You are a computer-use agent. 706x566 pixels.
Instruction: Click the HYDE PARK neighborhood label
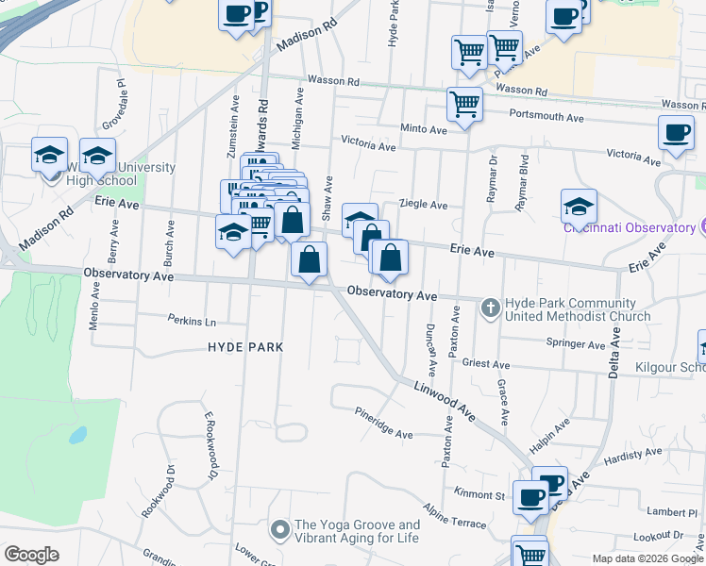tap(245, 347)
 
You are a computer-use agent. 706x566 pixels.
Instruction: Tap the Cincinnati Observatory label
tap(630, 227)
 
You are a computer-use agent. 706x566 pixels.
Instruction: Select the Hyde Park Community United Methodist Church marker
tap(490, 308)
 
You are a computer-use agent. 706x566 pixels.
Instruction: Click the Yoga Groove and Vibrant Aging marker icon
tap(279, 531)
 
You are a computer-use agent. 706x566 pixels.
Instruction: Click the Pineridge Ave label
tap(384, 423)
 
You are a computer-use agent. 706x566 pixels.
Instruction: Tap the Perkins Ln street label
tap(192, 320)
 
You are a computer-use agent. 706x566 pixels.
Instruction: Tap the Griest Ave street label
tap(486, 364)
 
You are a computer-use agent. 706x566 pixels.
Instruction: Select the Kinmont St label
tap(479, 494)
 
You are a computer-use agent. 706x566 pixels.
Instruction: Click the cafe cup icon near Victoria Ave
tap(676, 133)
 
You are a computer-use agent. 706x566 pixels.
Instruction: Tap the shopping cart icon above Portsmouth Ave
tap(463, 104)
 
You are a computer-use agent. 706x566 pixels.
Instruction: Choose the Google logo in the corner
tap(31, 555)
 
